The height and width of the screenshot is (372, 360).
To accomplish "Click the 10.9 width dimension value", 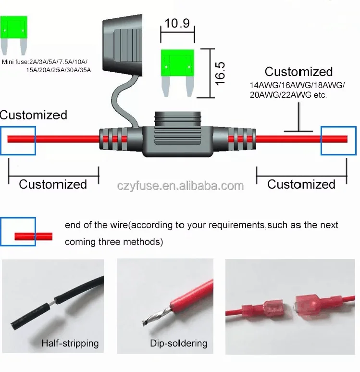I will [177, 23].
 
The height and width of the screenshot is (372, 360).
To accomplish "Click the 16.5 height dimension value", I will [220, 73].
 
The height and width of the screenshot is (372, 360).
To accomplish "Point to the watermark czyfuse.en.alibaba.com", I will [180, 186].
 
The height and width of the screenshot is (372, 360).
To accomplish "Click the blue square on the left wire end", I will [18, 141].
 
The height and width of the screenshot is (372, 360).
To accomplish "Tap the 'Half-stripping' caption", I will [70, 343].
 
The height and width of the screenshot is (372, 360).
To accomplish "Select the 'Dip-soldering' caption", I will [178, 343].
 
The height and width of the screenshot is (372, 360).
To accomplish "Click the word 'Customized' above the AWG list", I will [298, 72].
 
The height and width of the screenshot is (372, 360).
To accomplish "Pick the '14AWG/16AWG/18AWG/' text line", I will [297, 85].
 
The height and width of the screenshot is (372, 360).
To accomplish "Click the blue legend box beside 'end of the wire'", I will [18, 231].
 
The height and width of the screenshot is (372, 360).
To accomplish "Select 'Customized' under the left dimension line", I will [53, 184].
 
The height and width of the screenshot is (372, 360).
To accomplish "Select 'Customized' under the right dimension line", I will [301, 184].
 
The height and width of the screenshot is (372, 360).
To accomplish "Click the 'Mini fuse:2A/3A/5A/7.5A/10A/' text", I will [45, 62].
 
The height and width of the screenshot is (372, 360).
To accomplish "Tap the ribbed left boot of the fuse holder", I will [113, 141].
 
